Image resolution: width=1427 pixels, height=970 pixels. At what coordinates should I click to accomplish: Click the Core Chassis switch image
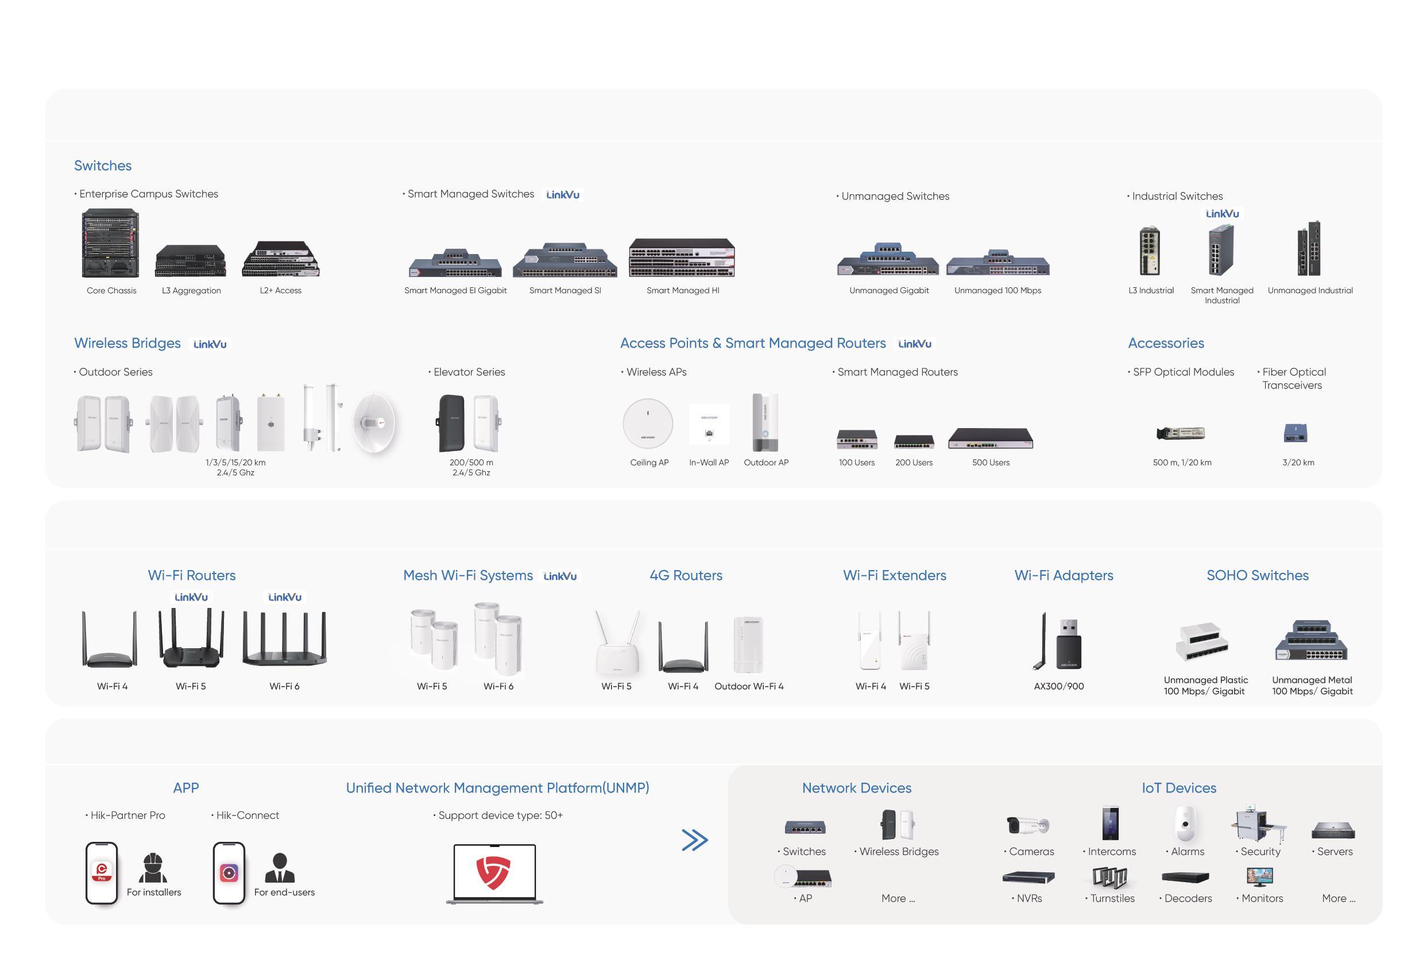pos(110,243)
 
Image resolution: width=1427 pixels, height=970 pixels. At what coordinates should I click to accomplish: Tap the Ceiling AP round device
pos(648,424)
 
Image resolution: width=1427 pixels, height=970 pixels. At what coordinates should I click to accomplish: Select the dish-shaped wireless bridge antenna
pos(374,422)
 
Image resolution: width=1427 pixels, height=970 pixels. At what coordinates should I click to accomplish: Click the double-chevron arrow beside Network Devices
pos(694,840)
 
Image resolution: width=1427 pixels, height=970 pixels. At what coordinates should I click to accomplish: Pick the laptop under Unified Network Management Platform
pos(494,873)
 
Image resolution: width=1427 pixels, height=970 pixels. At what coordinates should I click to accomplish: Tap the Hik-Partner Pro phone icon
pos(101,872)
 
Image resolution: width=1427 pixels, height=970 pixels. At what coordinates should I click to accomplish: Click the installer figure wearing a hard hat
pos(152,867)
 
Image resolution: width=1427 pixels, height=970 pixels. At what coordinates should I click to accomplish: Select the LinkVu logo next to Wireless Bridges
pos(210,344)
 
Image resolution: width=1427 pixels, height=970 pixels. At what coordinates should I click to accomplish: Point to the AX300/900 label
pos(1058,686)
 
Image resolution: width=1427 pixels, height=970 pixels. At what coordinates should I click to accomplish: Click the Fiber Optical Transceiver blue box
pos(1295,433)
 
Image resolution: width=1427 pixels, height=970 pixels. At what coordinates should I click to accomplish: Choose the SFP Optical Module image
pos(1180,433)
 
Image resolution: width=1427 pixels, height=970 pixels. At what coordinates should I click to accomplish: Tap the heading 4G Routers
pos(686,576)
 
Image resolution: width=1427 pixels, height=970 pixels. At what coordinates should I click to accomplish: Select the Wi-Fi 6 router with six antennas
pos(284,639)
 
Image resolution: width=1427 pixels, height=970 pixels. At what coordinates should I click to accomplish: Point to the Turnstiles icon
pos(1109,878)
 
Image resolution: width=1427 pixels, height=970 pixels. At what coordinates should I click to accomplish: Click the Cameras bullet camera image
pos(1028,825)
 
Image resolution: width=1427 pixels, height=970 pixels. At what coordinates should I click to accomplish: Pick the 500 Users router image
pos(991,438)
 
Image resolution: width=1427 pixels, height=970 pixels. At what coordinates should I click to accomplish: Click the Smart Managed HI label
pos(683,291)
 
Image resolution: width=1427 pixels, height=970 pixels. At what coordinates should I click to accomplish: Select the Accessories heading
pos(1165,344)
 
